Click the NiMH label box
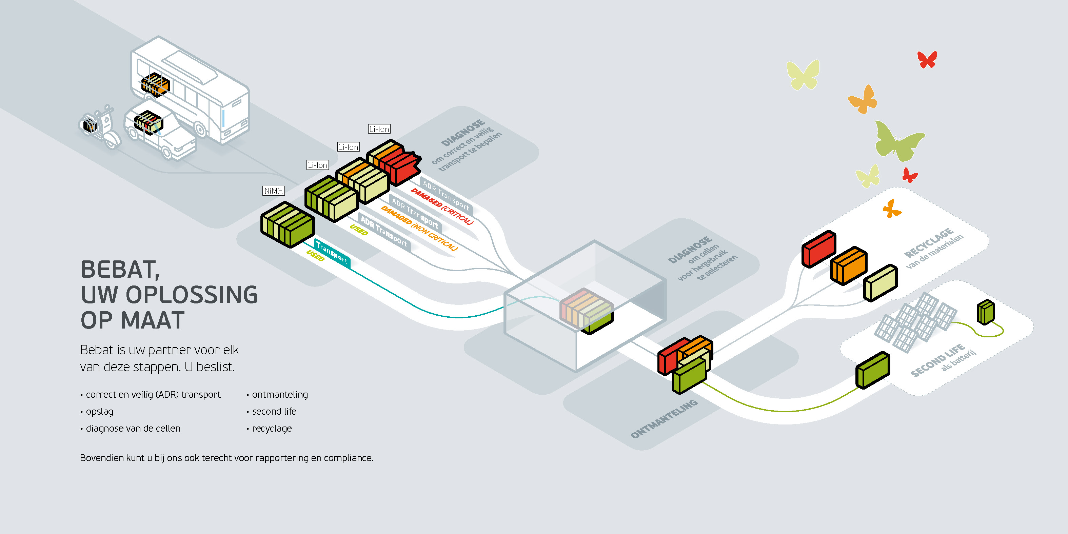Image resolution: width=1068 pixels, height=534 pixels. [274, 191]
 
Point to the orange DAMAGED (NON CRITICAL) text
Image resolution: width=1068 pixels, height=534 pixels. [419, 229]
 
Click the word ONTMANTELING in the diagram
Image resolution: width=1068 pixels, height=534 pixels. [664, 419]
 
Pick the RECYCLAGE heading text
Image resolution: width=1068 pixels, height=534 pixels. [929, 242]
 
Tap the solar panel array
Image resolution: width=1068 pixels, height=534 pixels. [916, 321]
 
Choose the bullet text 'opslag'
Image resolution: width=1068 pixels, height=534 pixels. [99, 412]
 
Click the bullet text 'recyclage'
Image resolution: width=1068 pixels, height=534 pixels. [272, 429]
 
